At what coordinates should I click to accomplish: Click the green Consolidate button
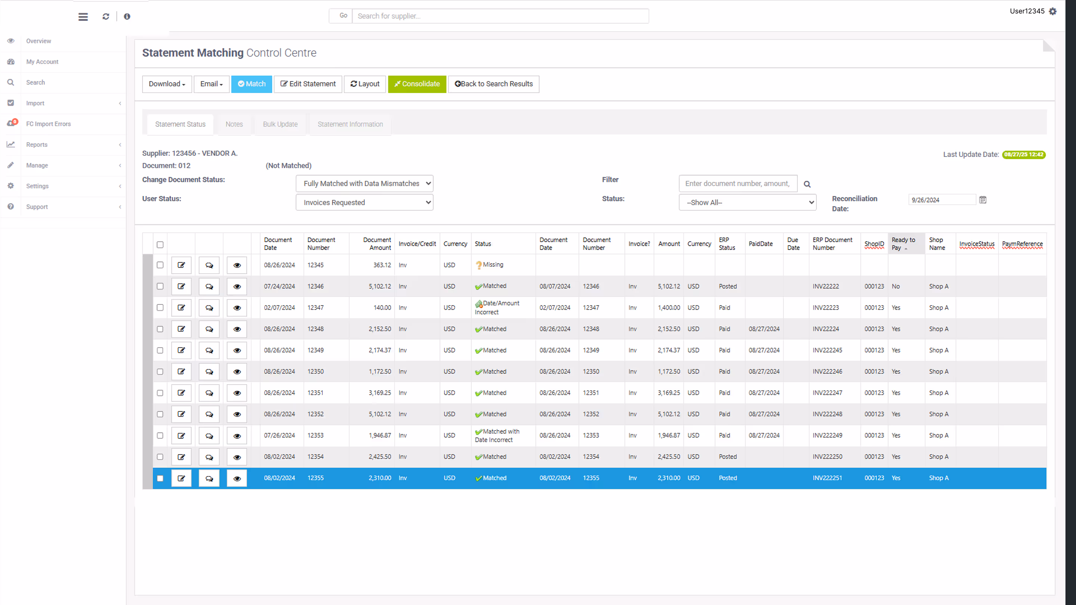[x=417, y=84]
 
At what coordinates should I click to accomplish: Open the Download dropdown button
[x=167, y=84]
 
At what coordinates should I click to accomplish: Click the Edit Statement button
[x=308, y=84]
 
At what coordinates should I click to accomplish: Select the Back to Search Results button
[x=493, y=84]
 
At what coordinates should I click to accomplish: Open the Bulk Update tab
[x=280, y=124]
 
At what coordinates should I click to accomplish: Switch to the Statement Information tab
[x=350, y=124]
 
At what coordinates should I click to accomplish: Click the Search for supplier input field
[x=500, y=16]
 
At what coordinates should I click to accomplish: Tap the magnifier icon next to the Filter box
[x=807, y=184]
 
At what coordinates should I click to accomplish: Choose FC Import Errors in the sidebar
[x=49, y=124]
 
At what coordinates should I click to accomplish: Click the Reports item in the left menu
[x=37, y=145]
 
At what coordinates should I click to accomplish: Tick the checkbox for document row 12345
[x=160, y=265]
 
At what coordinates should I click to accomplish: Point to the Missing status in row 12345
[x=493, y=265]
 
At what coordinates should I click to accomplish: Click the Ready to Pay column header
[x=903, y=243]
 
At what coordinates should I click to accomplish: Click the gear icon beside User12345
[x=1052, y=11]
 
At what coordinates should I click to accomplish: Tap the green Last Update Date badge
[x=1023, y=155]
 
